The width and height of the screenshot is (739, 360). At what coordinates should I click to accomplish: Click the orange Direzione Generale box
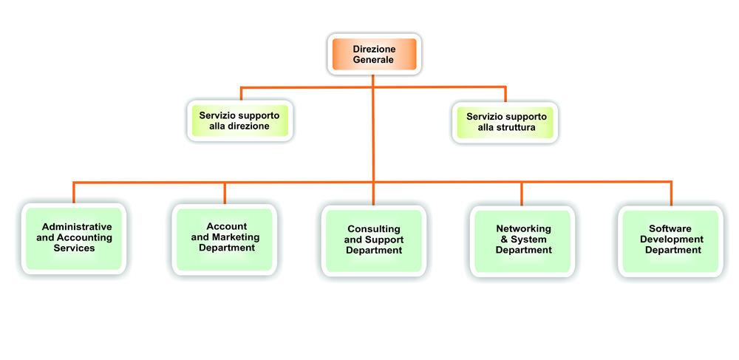[x=374, y=54]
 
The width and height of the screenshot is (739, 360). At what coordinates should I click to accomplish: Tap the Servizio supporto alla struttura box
[x=506, y=121]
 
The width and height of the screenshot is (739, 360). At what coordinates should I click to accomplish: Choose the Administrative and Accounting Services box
[x=74, y=239]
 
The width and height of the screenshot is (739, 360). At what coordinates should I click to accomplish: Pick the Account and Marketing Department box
[x=225, y=238]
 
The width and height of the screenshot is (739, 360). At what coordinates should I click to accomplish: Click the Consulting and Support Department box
[x=374, y=240]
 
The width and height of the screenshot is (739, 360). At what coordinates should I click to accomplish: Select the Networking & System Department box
[x=523, y=240]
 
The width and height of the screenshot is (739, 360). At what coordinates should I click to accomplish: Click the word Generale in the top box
[x=373, y=60]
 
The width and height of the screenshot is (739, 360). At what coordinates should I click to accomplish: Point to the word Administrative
[x=77, y=227]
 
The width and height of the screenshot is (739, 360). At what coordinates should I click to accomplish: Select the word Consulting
[x=374, y=229]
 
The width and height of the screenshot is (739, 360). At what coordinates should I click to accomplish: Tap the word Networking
[x=524, y=228]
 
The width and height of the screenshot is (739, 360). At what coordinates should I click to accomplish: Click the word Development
[x=672, y=240]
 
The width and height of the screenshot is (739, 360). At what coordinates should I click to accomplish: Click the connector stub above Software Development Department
[x=672, y=194]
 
